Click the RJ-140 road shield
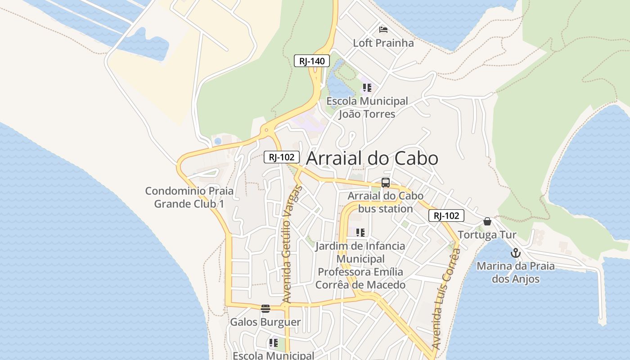point(312,61)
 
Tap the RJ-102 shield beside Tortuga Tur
point(446,216)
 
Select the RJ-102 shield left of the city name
point(281,157)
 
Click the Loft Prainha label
point(383,43)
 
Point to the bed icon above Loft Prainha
point(383,30)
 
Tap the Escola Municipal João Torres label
point(367,108)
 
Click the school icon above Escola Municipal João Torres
point(367,88)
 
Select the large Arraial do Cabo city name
point(372,158)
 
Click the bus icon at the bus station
point(386,183)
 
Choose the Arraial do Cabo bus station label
point(386,202)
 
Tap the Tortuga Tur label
point(487,235)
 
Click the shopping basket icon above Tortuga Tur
point(487,221)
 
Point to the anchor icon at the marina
point(516,253)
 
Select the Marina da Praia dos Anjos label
point(516,272)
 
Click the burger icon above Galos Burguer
point(265,308)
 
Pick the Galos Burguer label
point(265,322)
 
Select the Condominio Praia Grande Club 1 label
point(189,197)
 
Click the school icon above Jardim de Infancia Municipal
point(360,233)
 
